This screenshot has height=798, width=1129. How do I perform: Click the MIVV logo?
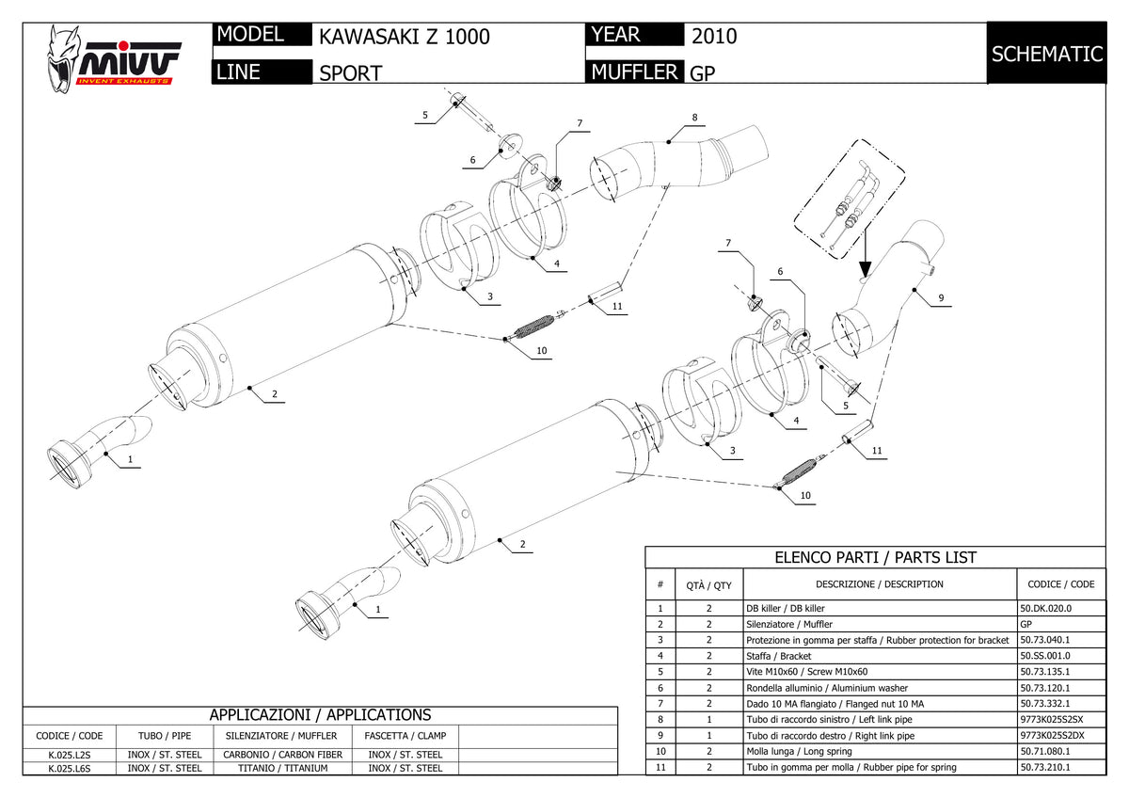115,59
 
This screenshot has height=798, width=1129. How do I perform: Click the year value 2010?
714,37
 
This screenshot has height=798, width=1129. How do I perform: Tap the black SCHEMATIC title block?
1047,53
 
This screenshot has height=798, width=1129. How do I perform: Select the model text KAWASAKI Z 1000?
405,37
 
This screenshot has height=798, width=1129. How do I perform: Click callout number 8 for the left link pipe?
694,118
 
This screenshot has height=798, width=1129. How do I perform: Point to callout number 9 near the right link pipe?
941,298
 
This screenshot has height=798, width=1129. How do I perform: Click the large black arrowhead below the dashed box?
865,268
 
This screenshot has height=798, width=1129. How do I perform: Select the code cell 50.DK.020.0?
1046,609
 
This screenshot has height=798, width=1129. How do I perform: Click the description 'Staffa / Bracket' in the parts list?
779,656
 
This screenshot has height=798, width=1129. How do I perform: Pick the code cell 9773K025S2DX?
1052,736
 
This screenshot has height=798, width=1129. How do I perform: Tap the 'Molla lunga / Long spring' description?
799,752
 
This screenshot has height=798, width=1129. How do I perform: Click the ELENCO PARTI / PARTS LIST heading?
876,557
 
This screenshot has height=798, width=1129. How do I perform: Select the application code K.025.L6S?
70,768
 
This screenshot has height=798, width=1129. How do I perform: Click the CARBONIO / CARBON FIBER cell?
283,755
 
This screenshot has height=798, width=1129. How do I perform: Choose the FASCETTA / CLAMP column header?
405,736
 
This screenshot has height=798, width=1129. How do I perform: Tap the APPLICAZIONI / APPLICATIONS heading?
320,715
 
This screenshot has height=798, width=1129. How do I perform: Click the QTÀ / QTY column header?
708,585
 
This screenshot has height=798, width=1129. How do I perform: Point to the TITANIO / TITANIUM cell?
283,768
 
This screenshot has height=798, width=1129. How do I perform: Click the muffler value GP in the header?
702,73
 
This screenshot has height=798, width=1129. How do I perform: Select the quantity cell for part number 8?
709,720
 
